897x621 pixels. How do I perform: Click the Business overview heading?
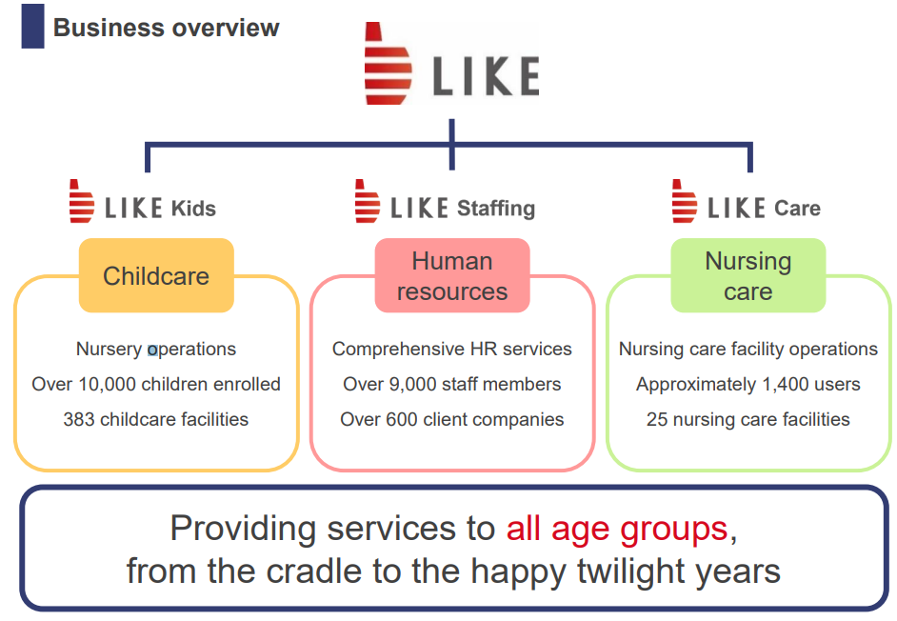tap(166, 28)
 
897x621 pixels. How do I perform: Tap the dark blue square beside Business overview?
tap(32, 27)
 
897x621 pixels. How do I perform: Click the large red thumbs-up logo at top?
tap(388, 64)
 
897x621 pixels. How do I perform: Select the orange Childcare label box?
tap(156, 275)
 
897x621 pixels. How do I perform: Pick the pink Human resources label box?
tap(452, 275)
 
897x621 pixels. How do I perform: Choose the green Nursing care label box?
tap(748, 275)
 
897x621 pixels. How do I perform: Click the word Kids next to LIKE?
tap(194, 209)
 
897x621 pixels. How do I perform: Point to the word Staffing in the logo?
tap(496, 209)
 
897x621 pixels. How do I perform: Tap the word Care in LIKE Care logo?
tap(797, 209)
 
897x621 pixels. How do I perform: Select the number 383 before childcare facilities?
tap(79, 419)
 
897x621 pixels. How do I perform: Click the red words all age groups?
tap(617, 529)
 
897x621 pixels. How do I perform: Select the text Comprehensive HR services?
tap(452, 350)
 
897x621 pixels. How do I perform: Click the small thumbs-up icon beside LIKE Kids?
tap(81, 201)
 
